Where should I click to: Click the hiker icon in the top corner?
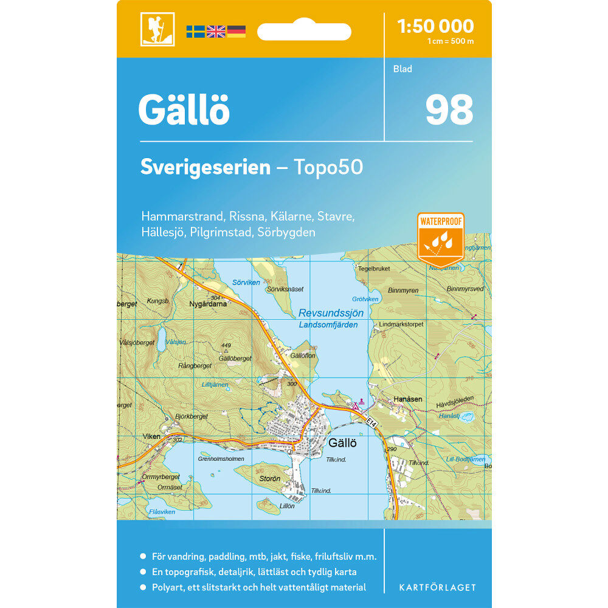(157, 29)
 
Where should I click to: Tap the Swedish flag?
(195, 32)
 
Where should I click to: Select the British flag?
(216, 32)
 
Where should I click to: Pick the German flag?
(236, 32)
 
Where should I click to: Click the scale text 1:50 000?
(435, 26)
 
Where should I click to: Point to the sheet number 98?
(449, 109)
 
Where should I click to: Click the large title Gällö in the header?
(184, 110)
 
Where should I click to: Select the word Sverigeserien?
(205, 167)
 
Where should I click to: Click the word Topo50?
(328, 167)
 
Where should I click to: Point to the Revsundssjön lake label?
(331, 313)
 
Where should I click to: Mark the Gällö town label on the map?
(341, 443)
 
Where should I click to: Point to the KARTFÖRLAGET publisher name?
(437, 587)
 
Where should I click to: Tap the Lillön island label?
(286, 506)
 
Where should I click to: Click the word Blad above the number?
(402, 69)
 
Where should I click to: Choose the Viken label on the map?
(151, 437)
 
